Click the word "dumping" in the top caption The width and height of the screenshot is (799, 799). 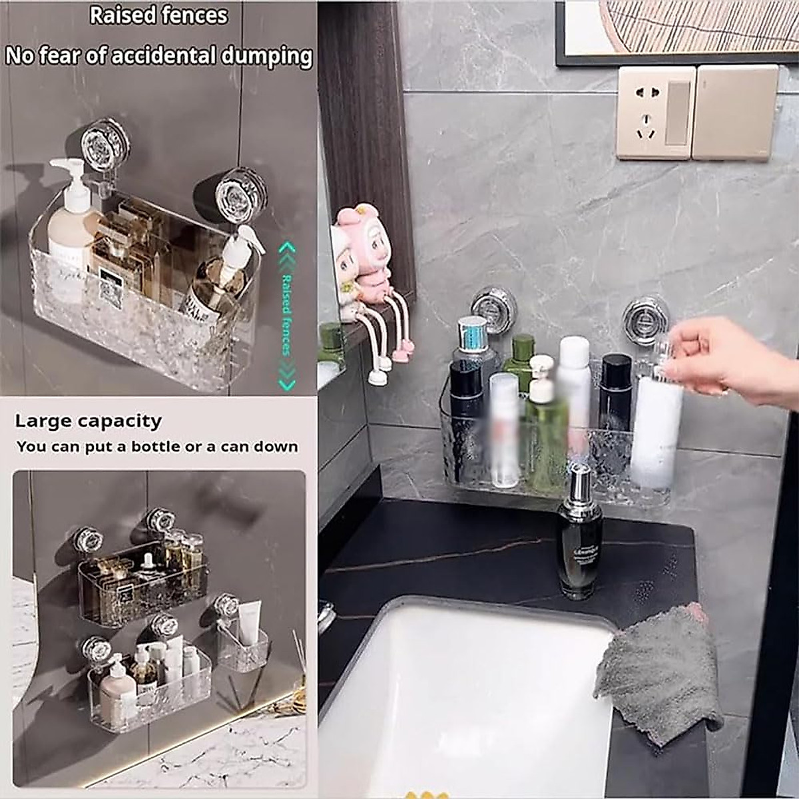pos(266,56)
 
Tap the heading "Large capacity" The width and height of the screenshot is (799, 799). pos(88,421)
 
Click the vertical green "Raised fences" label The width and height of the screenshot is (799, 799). pos(287,314)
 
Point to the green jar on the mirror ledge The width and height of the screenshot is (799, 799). pos(331,346)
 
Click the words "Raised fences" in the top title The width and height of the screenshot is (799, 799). pos(158,15)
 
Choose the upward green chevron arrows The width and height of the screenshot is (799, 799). pos(286,252)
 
